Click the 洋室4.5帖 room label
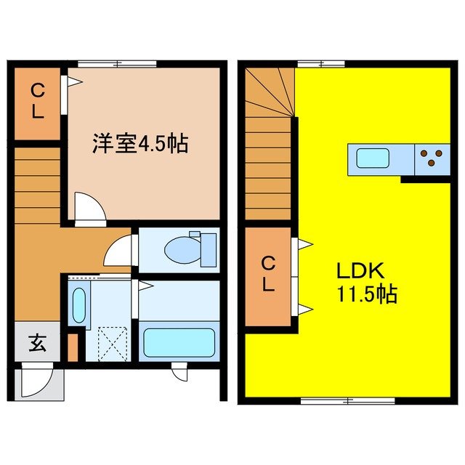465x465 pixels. coord(140,144)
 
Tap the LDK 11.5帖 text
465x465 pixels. coord(365,283)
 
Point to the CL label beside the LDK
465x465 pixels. coord(268,274)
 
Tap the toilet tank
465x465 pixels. coord(209,248)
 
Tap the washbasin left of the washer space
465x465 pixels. coord(78,305)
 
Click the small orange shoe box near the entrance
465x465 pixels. coord(71,347)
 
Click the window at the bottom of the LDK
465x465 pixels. coord(347,400)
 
